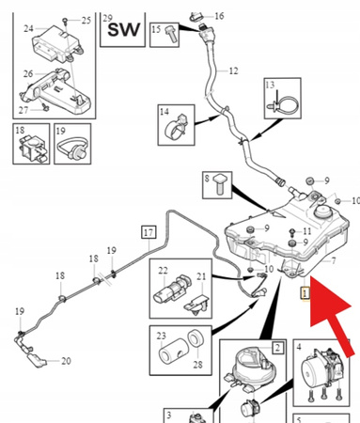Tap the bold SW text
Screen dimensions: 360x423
coord(123,30)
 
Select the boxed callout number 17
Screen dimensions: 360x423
coord(149,232)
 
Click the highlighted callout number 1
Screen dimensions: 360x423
coord(305,293)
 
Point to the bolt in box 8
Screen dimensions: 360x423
coord(221,184)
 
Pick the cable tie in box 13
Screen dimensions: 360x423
coord(283,102)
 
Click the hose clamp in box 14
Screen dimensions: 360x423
coord(176,128)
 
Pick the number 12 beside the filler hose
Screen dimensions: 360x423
coord(233,70)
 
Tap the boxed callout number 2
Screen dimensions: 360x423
coord(277,348)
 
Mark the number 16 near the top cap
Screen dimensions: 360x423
coord(219,16)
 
